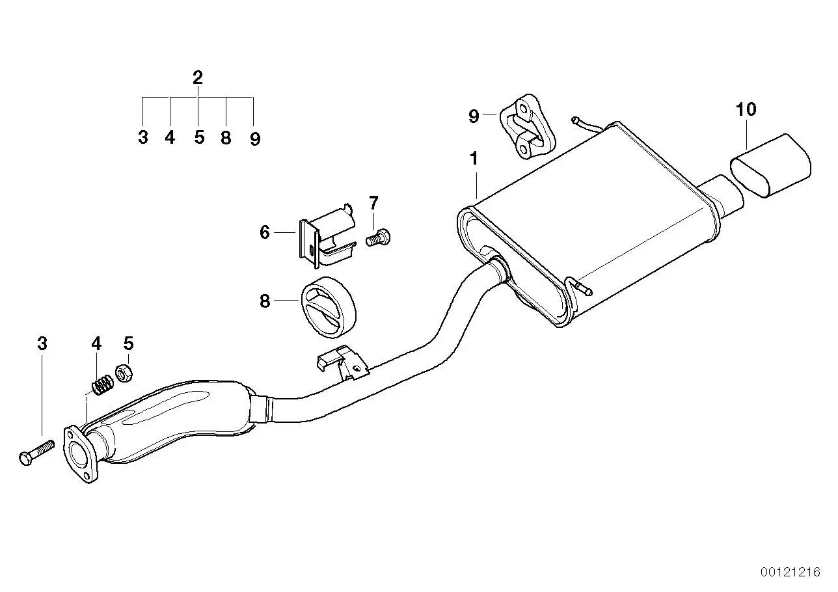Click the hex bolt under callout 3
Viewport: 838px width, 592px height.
pos(36,453)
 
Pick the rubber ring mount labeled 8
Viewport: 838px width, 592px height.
pos(328,308)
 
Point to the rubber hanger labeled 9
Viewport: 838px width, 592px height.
pos(527,126)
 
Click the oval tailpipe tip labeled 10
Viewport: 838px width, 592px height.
pos(770,166)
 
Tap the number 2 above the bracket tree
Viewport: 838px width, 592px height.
pos(198,77)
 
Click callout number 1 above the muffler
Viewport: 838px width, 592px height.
pos(474,159)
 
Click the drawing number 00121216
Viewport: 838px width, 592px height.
pos(790,572)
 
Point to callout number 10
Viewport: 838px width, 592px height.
pos(746,109)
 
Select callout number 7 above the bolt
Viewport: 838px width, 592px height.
pos(373,203)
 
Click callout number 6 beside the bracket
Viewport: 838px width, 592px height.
pos(265,232)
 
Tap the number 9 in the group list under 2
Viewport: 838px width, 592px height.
pos(255,139)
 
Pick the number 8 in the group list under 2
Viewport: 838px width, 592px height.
pos(226,138)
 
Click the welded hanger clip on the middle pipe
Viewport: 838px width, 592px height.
pos(342,362)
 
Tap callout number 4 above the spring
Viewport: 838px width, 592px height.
pos(96,343)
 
